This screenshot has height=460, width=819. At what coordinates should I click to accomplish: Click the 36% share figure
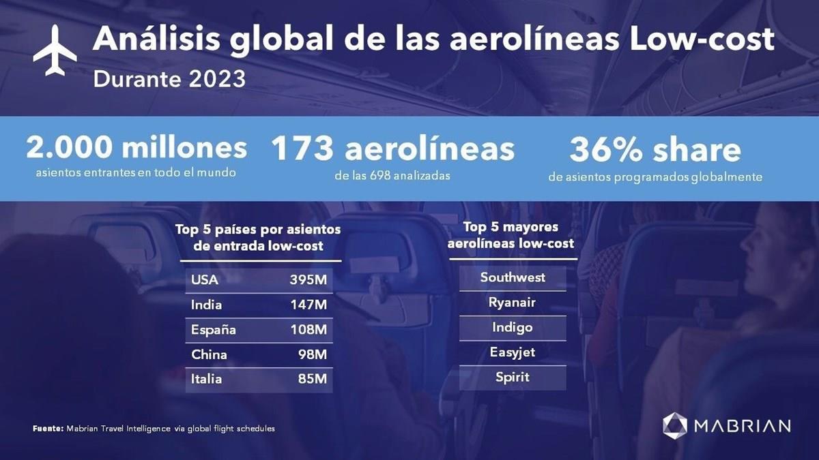655,151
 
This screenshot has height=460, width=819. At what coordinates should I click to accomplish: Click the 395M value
308,279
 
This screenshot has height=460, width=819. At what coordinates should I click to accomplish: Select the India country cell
206,305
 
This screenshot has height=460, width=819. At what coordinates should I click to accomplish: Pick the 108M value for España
308,330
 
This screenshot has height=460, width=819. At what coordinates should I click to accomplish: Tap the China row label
209,354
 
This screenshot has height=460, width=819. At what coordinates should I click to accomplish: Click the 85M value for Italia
312,379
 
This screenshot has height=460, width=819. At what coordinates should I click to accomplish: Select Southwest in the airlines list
513,277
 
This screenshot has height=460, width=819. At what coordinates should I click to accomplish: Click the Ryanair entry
512,303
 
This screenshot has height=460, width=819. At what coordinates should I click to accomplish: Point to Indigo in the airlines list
512,328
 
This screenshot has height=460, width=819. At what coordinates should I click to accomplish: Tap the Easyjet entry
512,352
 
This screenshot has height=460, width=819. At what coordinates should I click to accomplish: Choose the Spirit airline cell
512,377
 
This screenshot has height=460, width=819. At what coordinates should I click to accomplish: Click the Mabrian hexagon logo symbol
675,425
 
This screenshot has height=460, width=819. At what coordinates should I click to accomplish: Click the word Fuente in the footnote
48,429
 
